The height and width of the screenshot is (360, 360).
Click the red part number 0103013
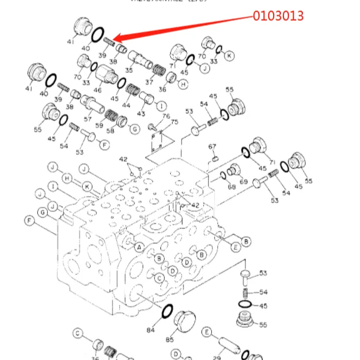pyautogui.click(x=279, y=16)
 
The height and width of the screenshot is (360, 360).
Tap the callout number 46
pyautogui.click(x=97, y=90)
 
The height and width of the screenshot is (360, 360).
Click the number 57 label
pyautogui.click(x=88, y=119)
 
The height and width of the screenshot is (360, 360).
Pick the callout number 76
pyautogui.click(x=166, y=116)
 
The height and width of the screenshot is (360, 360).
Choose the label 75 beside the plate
pyautogui.click(x=174, y=122)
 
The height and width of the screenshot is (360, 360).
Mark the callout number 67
pyautogui.click(x=212, y=147)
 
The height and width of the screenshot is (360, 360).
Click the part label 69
pyautogui.click(x=243, y=182)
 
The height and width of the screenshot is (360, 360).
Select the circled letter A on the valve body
pyautogui.click(x=139, y=247)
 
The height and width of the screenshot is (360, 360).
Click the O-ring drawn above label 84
pyautogui.click(x=165, y=313)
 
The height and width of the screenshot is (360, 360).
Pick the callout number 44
pyautogui.click(x=126, y=105)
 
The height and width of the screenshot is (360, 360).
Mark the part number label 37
pyautogui.click(x=149, y=82)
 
